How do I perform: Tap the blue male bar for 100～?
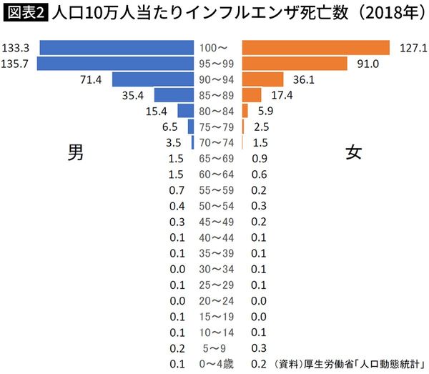pyautogui.click(x=117, y=48)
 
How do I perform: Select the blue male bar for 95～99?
pyautogui.click(x=116, y=64)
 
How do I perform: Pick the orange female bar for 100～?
pyautogui.click(x=316, y=48)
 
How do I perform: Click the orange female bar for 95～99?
pyautogui.click(x=296, y=64)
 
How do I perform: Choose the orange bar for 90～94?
pyautogui.click(x=263, y=79)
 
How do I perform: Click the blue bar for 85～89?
pyautogui.click(x=174, y=95)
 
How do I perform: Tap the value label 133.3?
pyautogui.click(x=15, y=48)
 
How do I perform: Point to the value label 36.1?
pyautogui.click(x=303, y=79)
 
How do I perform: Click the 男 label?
pyautogui.click(x=76, y=152)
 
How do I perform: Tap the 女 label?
pyautogui.click(x=353, y=152)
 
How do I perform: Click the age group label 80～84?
pyautogui.click(x=219, y=111)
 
